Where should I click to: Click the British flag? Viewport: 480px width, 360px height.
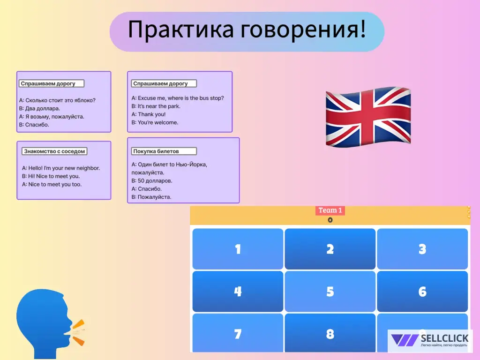click(x=368, y=115)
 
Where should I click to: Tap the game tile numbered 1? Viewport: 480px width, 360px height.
click(x=238, y=249)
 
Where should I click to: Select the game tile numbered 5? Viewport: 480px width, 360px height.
click(x=330, y=292)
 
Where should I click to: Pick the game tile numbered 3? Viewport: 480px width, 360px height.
click(x=422, y=249)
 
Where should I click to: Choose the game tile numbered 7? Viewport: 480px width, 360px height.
click(x=238, y=334)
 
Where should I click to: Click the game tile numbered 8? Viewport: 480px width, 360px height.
click(x=330, y=334)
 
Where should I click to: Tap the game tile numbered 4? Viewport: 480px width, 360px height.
click(x=238, y=292)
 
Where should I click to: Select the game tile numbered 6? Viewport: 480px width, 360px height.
click(x=422, y=292)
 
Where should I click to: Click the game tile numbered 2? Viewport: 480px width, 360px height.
click(x=330, y=249)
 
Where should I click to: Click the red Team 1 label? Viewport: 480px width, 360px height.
click(x=330, y=210)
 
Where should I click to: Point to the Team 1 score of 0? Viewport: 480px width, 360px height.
click(x=330, y=220)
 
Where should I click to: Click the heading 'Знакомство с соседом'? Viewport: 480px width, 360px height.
click(x=54, y=151)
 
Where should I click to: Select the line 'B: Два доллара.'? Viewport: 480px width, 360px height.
click(x=39, y=108)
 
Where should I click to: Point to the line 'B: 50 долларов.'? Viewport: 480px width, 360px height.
click(x=152, y=180)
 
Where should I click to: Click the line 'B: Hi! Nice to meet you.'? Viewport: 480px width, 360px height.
click(x=51, y=176)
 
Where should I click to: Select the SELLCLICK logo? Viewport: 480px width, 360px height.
click(x=430, y=340)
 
